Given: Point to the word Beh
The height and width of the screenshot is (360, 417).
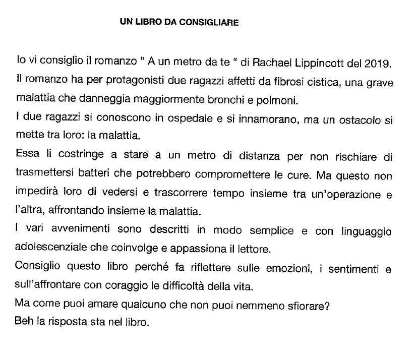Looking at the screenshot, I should tap(24, 320).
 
